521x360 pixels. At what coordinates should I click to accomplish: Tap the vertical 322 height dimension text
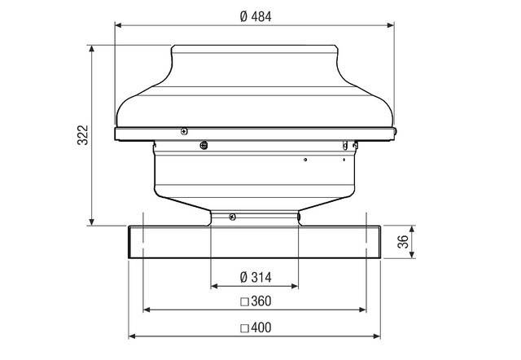coord(82,135)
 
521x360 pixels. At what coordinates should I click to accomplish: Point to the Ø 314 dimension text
coord(256,277)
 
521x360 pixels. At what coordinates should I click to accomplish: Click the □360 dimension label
coord(256,301)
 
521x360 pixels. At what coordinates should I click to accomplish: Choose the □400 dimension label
coord(256,328)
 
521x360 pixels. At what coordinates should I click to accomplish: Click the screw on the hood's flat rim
coord(185,130)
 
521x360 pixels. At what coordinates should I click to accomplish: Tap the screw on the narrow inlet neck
coord(233,217)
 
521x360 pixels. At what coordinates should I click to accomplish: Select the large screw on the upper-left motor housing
coord(203,147)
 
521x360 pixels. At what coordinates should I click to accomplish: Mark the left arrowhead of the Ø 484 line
coord(119,25)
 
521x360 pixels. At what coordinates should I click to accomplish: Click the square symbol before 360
coord(243,301)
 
